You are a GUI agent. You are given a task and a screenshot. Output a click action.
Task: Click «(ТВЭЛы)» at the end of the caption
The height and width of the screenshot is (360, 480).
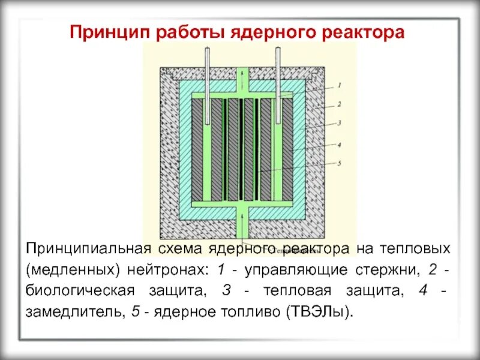(321, 313)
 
